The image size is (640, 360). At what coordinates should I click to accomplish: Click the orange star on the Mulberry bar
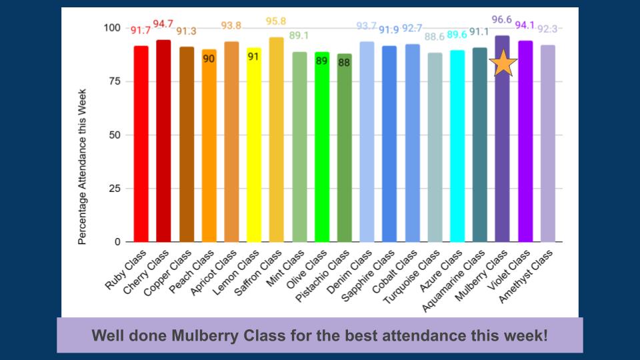point(503,63)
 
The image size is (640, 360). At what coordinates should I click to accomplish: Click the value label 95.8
point(276,21)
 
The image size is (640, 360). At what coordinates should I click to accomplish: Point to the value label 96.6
point(501,20)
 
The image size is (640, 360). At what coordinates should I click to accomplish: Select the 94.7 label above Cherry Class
point(163,24)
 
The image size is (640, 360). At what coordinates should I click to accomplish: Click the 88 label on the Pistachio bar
point(344,63)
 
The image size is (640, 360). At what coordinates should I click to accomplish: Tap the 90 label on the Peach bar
point(209,59)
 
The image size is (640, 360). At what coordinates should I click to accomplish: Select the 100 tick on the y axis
point(111,28)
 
